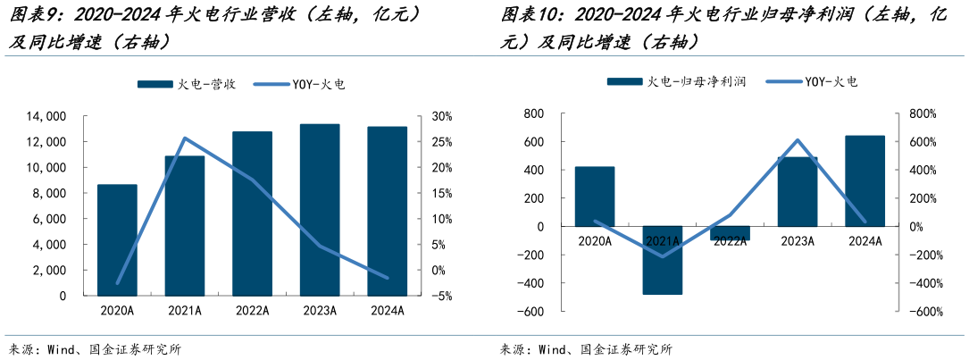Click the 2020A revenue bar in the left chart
(117, 239)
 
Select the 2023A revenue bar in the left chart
(320, 210)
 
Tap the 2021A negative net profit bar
(662, 260)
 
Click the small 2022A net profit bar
(730, 233)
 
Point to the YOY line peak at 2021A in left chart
(184, 138)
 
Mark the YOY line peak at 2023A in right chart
(797, 140)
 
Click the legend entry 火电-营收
(187, 84)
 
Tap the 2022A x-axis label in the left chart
(252, 311)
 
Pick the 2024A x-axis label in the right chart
(865, 240)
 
